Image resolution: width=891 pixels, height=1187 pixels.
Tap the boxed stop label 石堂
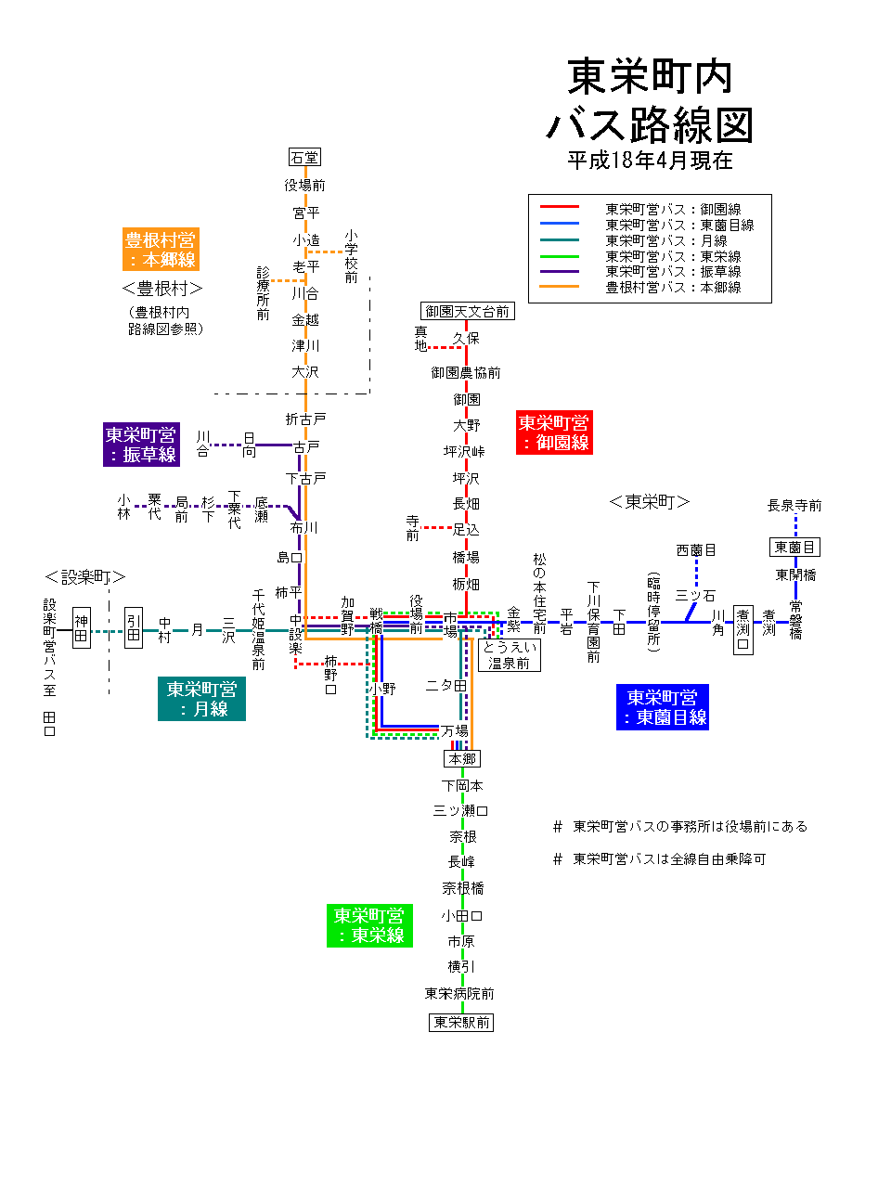pos(303,158)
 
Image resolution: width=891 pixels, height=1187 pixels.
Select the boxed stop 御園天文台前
pos(468,312)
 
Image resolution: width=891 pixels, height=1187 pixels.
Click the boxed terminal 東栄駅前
pos(461,1023)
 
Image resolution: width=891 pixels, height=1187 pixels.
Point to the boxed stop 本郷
pos(461,759)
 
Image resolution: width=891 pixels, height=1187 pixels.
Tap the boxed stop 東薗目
pos(794,548)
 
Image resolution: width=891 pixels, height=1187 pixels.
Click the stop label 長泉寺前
pos(794,506)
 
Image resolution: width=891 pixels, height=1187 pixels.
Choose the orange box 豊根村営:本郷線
pos(161,250)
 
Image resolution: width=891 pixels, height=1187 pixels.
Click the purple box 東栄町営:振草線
pos(141,445)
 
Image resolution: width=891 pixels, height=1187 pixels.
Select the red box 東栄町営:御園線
pos(554,432)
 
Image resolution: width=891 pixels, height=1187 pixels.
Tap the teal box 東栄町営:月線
pos(201,699)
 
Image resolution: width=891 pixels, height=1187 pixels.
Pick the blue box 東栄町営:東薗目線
pos(662,707)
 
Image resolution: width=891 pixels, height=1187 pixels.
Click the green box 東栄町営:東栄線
pos(369,925)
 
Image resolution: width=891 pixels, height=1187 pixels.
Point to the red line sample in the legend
pos(560,207)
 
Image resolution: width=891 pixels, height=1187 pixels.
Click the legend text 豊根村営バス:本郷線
pos(673,288)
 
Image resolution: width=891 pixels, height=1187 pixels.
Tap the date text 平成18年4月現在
pos(650,161)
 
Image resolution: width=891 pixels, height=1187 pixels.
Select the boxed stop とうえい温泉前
pos(509,655)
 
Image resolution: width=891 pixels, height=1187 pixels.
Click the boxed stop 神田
pos(82,628)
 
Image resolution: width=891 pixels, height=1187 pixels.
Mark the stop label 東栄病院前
pos(459,994)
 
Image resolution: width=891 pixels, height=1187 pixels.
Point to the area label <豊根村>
pos(162,289)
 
